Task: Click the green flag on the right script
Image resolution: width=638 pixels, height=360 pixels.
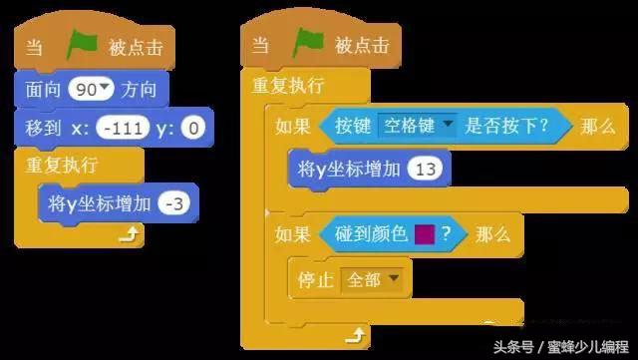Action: (x=309, y=45)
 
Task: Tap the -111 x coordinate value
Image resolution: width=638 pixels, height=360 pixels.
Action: (x=126, y=127)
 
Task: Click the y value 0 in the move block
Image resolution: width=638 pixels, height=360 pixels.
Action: (x=194, y=127)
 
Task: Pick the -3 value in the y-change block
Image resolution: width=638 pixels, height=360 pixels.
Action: (x=175, y=202)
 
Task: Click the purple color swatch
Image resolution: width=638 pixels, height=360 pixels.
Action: (x=424, y=234)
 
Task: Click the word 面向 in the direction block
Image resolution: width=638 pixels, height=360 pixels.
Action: (x=45, y=90)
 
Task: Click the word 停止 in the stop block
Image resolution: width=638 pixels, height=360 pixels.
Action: (x=317, y=280)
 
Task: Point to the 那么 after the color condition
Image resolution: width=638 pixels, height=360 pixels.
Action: (x=493, y=234)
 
